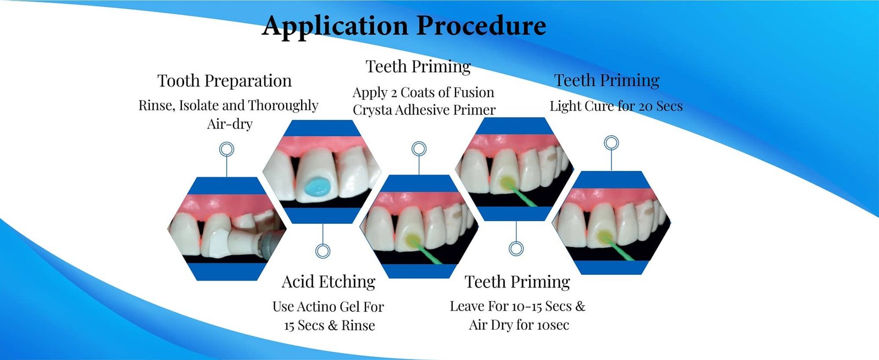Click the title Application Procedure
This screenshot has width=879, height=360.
tap(404, 26)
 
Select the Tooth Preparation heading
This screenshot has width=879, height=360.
tap(224, 81)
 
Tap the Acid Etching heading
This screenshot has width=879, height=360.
tap(329, 282)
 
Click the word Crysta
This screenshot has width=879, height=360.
tap(372, 110)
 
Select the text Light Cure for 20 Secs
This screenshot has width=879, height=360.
tap(616, 106)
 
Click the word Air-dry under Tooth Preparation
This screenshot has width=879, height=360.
tap(230, 124)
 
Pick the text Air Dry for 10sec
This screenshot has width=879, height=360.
tap(519, 325)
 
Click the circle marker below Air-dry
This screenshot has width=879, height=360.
tap(226, 149)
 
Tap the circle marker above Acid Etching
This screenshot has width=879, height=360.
tap(323, 251)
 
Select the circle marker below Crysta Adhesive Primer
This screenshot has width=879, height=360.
tap(419, 148)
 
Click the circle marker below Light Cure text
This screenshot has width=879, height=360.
tap(611, 143)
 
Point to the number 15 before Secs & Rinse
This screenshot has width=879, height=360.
tap(290, 326)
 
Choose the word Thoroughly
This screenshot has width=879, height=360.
tap(283, 106)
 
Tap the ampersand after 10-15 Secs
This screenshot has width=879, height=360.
tap(580, 306)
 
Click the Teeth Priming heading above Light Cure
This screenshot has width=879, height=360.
tap(607, 81)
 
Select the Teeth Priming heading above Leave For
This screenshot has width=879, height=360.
tap(518, 282)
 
